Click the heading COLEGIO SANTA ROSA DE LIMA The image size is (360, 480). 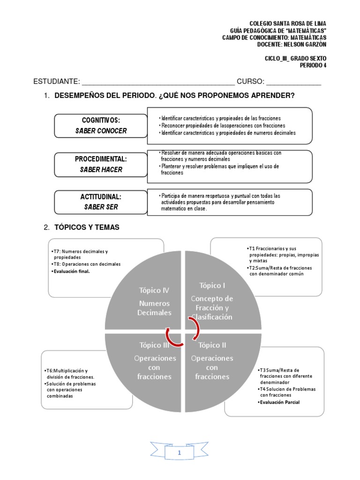[x=288, y=24]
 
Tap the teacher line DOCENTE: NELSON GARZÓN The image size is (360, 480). [x=292, y=44]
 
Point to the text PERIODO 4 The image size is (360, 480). [x=313, y=65]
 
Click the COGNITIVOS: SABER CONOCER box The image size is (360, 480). [x=101, y=126]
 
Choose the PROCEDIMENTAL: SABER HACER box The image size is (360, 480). [x=101, y=165]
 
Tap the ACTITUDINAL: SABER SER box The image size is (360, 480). [x=101, y=202]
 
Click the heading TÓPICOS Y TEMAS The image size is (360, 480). [x=87, y=227]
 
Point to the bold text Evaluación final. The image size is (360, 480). [x=72, y=270]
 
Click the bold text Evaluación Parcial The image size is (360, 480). [x=280, y=402]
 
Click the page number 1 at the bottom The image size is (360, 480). [x=180, y=453]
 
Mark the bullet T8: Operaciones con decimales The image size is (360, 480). [x=87, y=264]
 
